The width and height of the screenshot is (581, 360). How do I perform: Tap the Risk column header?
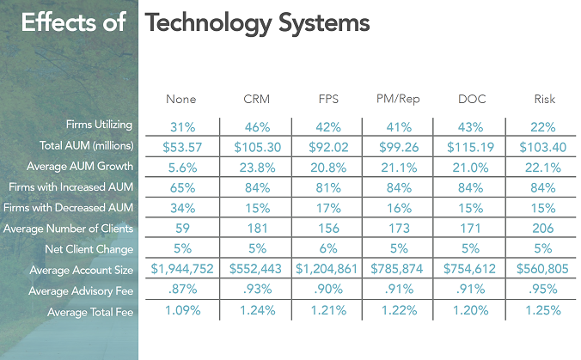pos(544,100)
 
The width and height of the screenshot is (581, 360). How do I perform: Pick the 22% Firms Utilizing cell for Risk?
pos(544,126)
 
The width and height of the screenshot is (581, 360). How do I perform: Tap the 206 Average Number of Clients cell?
pos(544,229)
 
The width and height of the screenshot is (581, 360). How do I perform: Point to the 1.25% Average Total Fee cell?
pos(544,310)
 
